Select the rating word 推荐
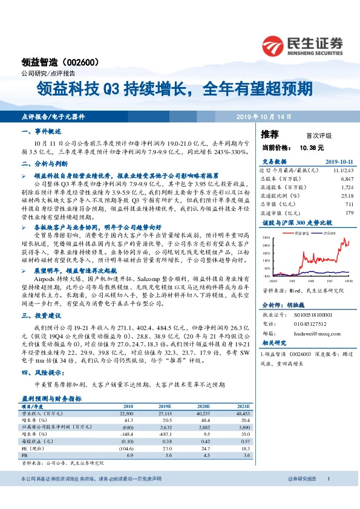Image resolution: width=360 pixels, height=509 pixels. pos(270,134)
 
